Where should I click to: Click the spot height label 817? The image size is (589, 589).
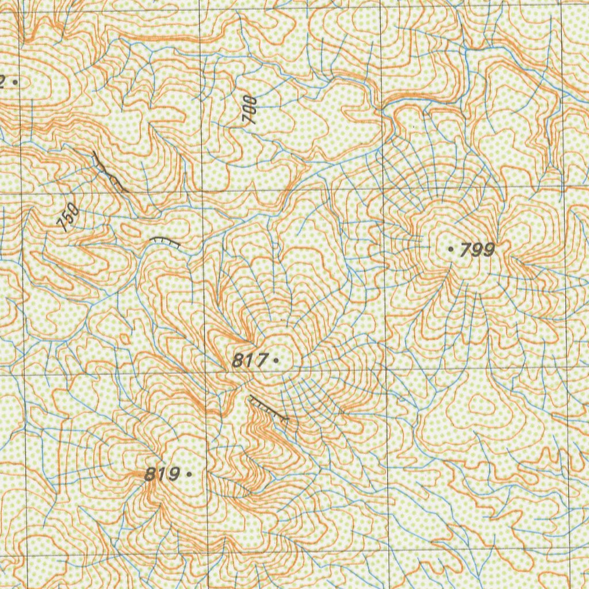(x=250, y=361)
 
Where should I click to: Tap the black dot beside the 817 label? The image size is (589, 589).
(x=277, y=360)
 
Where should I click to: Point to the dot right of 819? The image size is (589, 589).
(x=189, y=475)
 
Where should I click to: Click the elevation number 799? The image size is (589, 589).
(x=477, y=250)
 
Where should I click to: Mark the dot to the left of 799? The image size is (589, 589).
(x=450, y=249)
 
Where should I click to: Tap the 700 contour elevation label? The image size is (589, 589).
(x=250, y=111)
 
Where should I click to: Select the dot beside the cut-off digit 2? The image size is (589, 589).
(x=14, y=82)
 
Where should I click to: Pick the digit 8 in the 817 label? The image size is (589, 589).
(x=238, y=361)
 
